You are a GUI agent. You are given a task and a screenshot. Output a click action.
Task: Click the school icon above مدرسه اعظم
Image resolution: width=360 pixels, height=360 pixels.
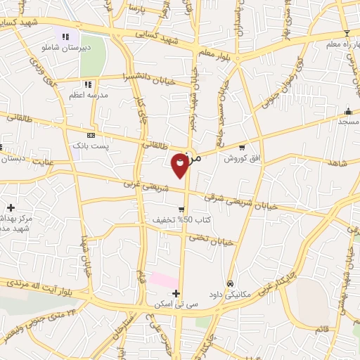pos(88,84)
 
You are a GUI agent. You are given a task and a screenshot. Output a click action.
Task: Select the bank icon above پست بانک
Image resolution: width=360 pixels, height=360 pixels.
pos(91,134)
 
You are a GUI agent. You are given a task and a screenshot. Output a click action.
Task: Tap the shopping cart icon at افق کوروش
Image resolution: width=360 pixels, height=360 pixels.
pos(242,148)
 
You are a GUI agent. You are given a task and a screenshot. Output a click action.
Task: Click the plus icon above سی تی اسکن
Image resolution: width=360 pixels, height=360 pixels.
pos(176,293)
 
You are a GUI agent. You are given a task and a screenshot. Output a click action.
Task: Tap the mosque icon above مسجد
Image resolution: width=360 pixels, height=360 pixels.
pos(348,111)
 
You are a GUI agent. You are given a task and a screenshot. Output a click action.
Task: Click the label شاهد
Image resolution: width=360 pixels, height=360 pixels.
pos(337,162)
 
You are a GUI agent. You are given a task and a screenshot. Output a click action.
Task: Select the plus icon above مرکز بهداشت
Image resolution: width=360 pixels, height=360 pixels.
pos(11,207)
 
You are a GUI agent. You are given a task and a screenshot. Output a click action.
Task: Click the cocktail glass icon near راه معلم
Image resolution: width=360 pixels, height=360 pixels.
pos(346,33)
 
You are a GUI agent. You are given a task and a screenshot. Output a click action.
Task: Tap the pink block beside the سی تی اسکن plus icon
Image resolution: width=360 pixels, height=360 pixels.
pos(162,281)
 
